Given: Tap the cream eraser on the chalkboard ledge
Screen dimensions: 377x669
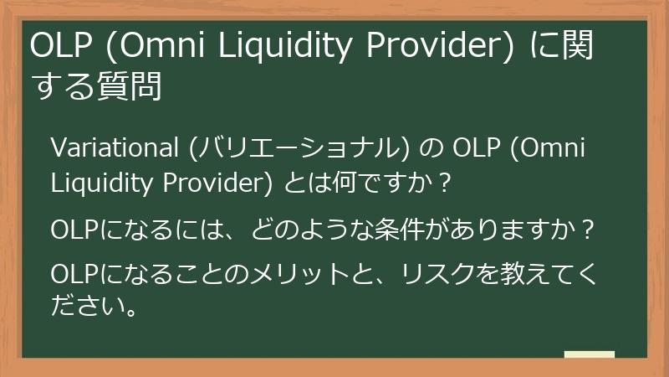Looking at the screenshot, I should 589,354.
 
